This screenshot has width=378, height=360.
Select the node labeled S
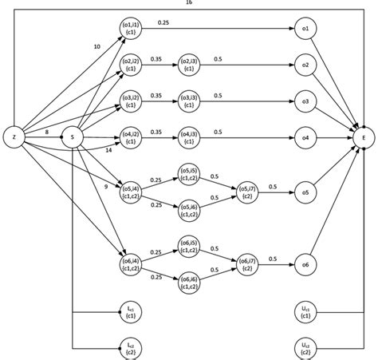[x=73, y=137]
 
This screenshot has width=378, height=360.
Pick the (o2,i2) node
[x=132, y=64]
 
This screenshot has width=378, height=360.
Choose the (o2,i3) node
[x=189, y=64]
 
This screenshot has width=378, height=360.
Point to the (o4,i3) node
[x=189, y=137]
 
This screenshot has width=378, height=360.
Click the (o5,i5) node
[x=189, y=174]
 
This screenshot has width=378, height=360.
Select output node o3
[x=305, y=101]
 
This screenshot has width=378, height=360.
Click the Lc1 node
[x=132, y=311]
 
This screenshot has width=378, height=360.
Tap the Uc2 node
[x=305, y=347]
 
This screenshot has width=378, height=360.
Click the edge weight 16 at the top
[x=188, y=3]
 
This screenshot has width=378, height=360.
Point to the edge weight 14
[x=108, y=150]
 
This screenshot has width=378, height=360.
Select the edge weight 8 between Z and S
[x=47, y=130]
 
